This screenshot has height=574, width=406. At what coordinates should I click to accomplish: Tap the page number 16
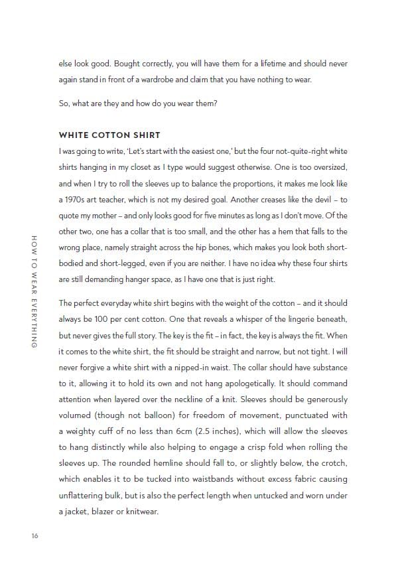click(x=34, y=536)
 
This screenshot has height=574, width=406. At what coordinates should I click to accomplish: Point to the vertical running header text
click(x=34, y=291)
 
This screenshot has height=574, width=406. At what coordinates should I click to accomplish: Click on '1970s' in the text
click(x=72, y=199)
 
